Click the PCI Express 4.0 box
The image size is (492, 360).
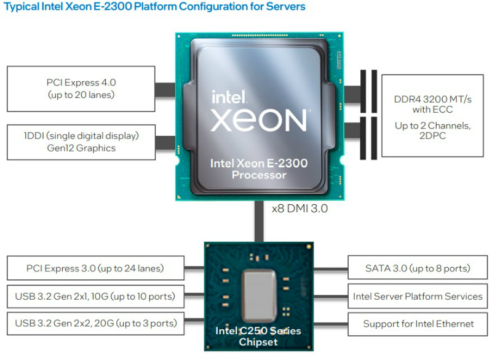(x=81, y=89)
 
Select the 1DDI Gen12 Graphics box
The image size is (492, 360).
(x=81, y=142)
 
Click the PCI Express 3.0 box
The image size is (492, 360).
(x=95, y=268)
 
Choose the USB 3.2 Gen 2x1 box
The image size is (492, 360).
(x=95, y=296)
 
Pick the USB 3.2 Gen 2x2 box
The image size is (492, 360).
(x=95, y=323)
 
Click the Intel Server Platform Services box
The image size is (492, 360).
(x=418, y=296)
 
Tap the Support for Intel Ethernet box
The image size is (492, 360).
(x=418, y=323)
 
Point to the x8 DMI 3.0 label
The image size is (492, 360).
(x=300, y=209)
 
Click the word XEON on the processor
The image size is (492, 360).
(x=259, y=119)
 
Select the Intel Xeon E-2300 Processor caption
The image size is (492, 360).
(x=259, y=169)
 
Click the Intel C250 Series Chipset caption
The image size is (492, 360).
(x=259, y=336)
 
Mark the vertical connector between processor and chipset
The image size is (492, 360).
(x=259, y=222)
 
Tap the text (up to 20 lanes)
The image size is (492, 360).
(x=81, y=95)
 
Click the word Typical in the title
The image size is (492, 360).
(x=23, y=7)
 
